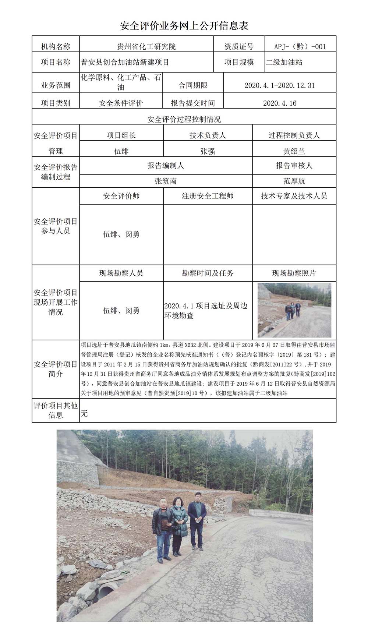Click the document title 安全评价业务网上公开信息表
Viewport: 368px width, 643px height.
pos(184,25)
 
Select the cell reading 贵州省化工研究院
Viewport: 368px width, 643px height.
pos(146,47)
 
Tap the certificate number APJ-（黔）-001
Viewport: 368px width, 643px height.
pos(300,47)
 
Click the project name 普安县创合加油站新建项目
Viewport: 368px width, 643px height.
pos(125,62)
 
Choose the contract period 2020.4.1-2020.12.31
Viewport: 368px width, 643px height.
pos(279,85)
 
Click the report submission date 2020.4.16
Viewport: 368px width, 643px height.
pos(279,103)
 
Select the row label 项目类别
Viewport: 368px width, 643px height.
pos(56,103)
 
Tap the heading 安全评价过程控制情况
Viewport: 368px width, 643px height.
pos(184,119)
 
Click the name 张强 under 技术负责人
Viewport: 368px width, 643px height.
pos(208,151)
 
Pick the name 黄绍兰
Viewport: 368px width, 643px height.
pos(294,151)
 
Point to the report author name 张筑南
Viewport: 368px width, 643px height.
pos(166,181)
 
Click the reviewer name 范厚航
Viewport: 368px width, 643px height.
pos(294,181)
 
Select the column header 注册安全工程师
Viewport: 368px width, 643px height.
pos(208,196)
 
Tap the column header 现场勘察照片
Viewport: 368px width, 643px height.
pos(294,273)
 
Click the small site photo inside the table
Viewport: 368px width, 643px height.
pos(294,310)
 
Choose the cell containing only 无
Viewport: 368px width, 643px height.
pos(84,413)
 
